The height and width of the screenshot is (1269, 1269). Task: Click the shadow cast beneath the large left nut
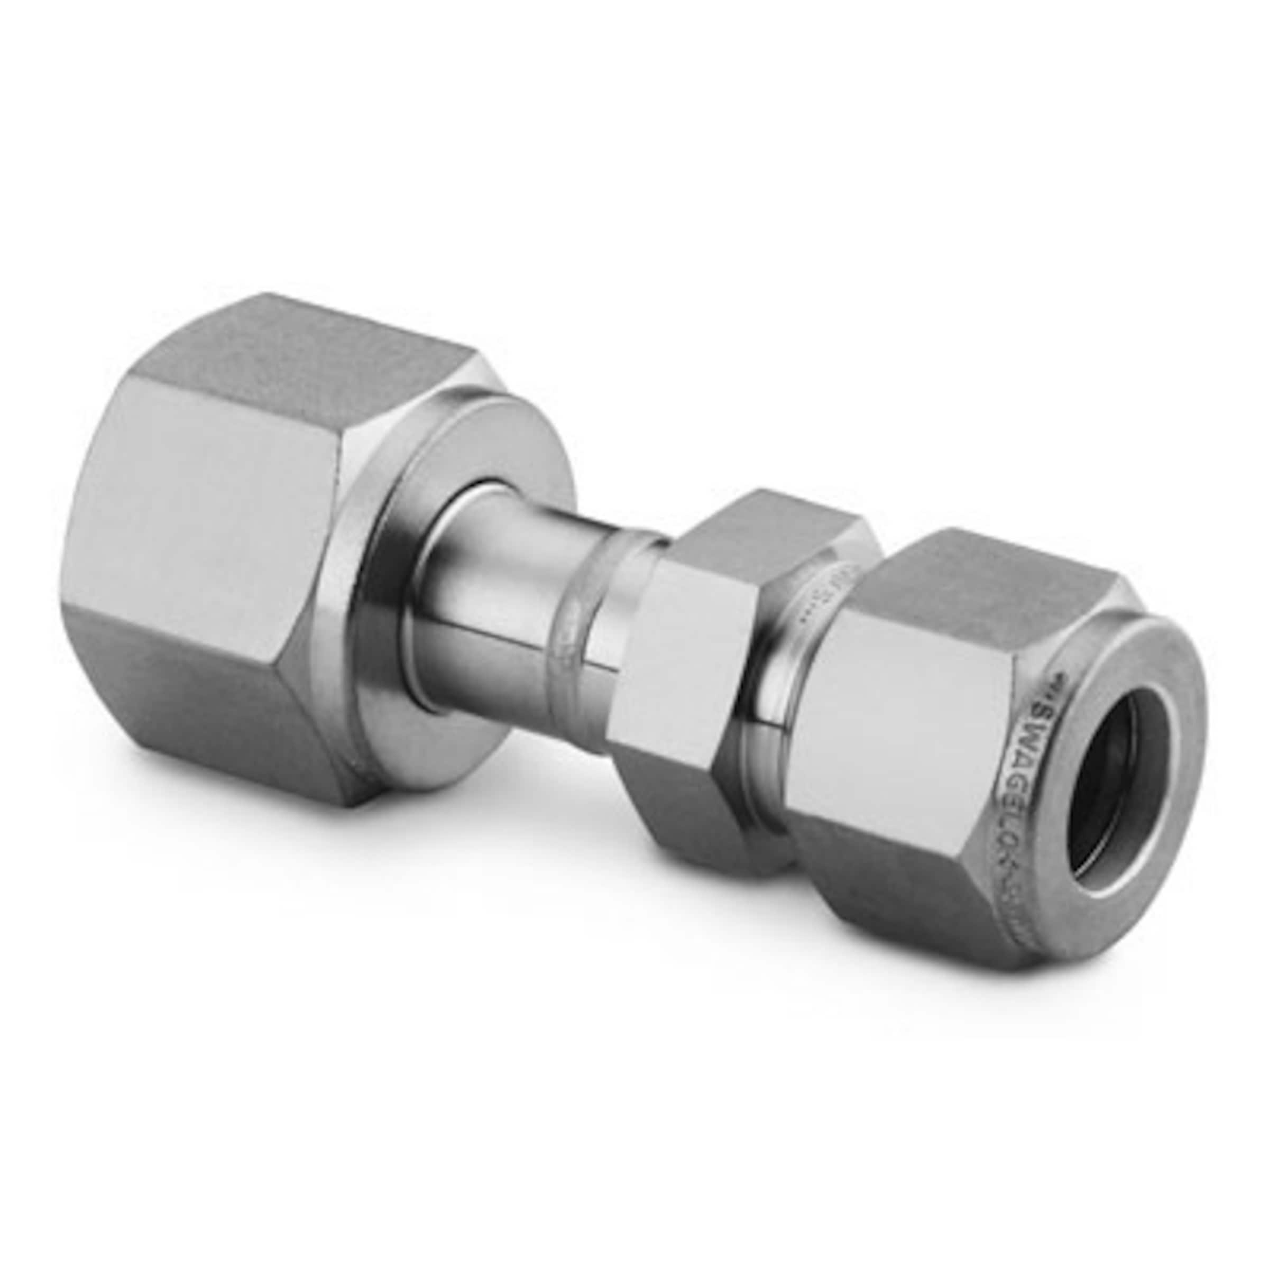pos(460,854)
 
